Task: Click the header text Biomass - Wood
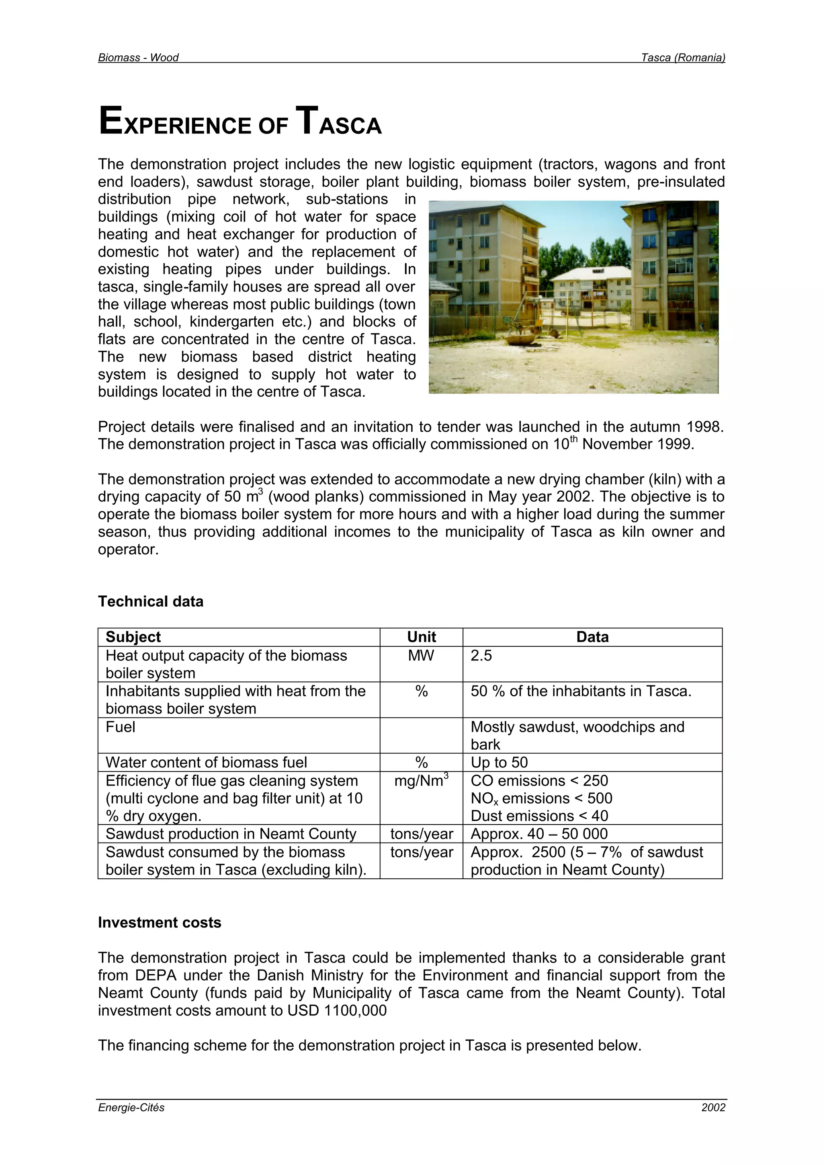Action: (x=138, y=57)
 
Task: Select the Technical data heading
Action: (x=151, y=601)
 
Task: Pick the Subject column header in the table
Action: (x=133, y=637)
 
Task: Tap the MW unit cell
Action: (x=421, y=656)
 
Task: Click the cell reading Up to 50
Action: (x=499, y=762)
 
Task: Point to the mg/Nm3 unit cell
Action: (x=421, y=780)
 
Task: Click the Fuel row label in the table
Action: (x=120, y=727)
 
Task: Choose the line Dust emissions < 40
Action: (x=539, y=816)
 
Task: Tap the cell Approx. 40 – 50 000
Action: (x=538, y=834)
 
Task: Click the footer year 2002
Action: (x=713, y=1108)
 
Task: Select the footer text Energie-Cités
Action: (x=131, y=1108)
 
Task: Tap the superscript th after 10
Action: (x=573, y=439)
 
